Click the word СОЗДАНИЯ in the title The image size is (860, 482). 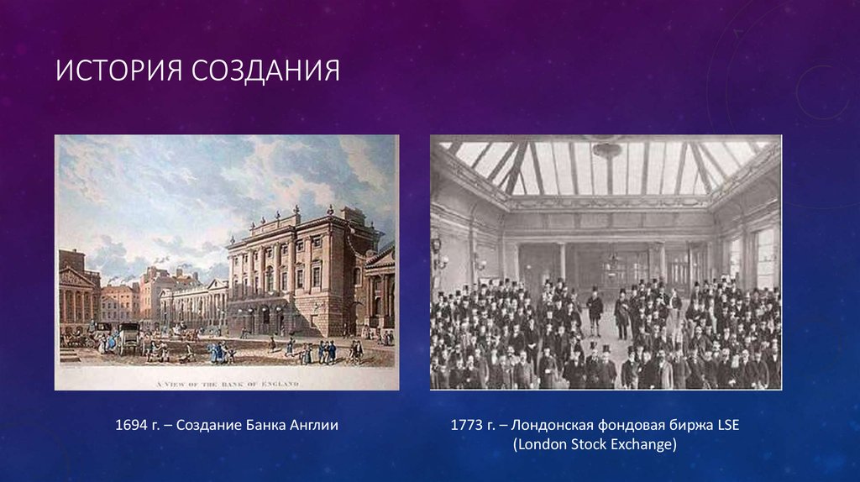[266, 71]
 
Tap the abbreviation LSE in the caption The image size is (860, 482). [728, 425]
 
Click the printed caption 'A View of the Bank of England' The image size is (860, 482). [227, 384]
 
